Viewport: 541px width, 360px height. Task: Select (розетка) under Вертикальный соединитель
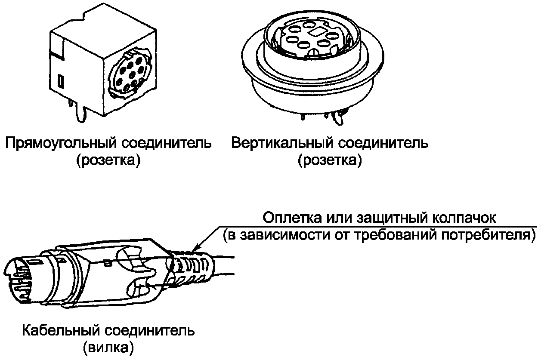tap(329, 161)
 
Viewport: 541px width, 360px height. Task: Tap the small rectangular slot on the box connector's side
tap(62, 80)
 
